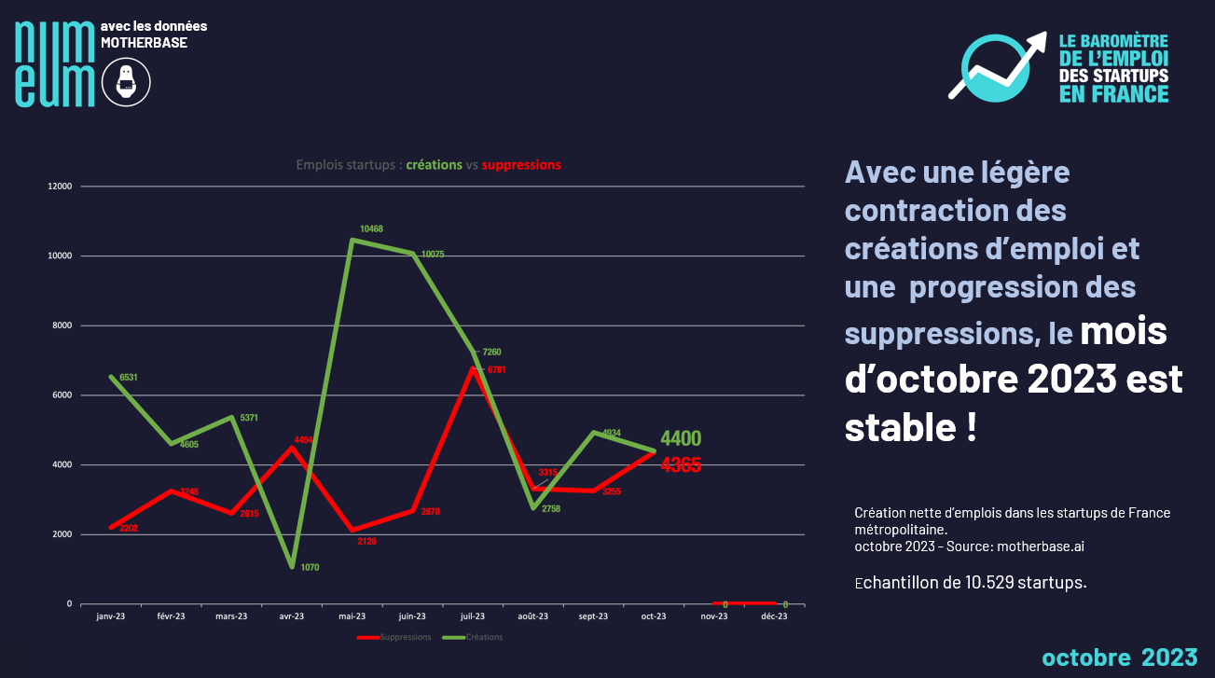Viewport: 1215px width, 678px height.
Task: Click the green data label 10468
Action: (372, 228)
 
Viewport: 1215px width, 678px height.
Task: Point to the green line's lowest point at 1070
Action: (292, 565)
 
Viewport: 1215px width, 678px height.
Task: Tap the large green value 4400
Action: (681, 438)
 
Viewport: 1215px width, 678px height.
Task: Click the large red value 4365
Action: (681, 464)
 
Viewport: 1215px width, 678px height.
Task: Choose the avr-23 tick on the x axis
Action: (292, 616)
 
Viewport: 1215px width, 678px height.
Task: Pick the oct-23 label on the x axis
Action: (654, 616)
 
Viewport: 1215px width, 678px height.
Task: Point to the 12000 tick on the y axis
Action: (60, 187)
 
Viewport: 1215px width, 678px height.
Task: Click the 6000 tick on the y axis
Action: (62, 395)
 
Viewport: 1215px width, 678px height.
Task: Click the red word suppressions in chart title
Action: (521, 165)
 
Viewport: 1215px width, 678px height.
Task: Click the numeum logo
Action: (55, 62)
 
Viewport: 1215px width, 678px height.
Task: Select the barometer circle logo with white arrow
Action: (999, 65)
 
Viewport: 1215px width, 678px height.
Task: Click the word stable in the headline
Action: (896, 426)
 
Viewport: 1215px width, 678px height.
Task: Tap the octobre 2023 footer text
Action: (1119, 657)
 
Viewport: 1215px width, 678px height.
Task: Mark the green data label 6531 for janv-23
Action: (130, 378)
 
